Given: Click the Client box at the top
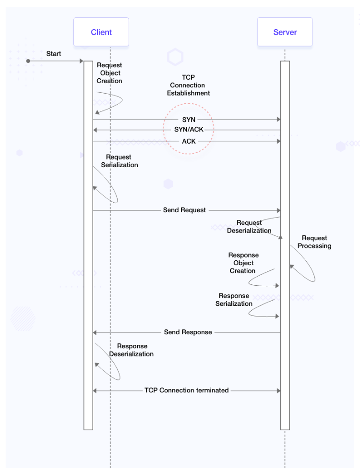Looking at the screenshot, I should pyautogui.click(x=101, y=32).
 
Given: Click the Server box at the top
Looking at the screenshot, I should pyautogui.click(x=285, y=32).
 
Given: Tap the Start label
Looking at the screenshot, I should pyautogui.click(x=54, y=53).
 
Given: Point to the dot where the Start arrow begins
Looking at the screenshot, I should pyautogui.click(x=28, y=61).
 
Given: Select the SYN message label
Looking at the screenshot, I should pyautogui.click(x=189, y=119).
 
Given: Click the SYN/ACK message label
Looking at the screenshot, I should pyautogui.click(x=189, y=130).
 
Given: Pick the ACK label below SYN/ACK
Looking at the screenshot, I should pyautogui.click(x=189, y=141).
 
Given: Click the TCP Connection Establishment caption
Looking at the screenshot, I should pyautogui.click(x=189, y=85).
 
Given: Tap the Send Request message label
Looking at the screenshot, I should pyautogui.click(x=184, y=210).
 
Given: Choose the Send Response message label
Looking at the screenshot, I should pyautogui.click(x=188, y=332).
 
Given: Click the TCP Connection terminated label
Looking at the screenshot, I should pyautogui.click(x=186, y=390).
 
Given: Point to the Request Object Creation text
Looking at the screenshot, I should pyautogui.click(x=109, y=73).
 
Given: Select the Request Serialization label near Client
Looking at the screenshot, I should pyautogui.click(x=119, y=161).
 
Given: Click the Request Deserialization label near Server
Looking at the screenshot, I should pyautogui.click(x=249, y=227).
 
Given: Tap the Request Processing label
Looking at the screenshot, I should pyautogui.click(x=314, y=242).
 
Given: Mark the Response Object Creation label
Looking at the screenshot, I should pyautogui.click(x=243, y=263).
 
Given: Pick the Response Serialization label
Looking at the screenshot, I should pyautogui.click(x=234, y=300).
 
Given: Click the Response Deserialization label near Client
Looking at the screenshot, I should pyautogui.click(x=132, y=350).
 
